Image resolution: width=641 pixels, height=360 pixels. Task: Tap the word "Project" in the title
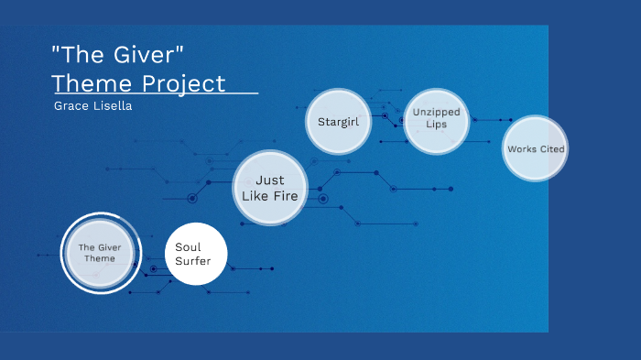tap(183, 84)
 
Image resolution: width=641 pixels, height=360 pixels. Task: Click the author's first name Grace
tap(71, 105)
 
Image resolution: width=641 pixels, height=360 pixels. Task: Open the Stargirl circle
tap(337, 121)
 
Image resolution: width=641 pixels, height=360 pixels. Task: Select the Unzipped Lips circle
tap(436, 119)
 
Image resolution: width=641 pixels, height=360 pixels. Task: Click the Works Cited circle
tap(536, 148)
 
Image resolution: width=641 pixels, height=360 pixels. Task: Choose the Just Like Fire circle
tap(269, 188)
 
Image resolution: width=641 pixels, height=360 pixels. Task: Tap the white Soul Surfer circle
tap(194, 254)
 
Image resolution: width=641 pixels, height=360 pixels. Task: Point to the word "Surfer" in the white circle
tap(193, 261)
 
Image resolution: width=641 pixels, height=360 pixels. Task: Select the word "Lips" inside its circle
tap(436, 125)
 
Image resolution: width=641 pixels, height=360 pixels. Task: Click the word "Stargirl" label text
tap(337, 121)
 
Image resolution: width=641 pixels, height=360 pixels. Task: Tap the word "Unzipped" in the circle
tap(436, 112)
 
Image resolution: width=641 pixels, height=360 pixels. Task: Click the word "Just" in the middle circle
tap(269, 180)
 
